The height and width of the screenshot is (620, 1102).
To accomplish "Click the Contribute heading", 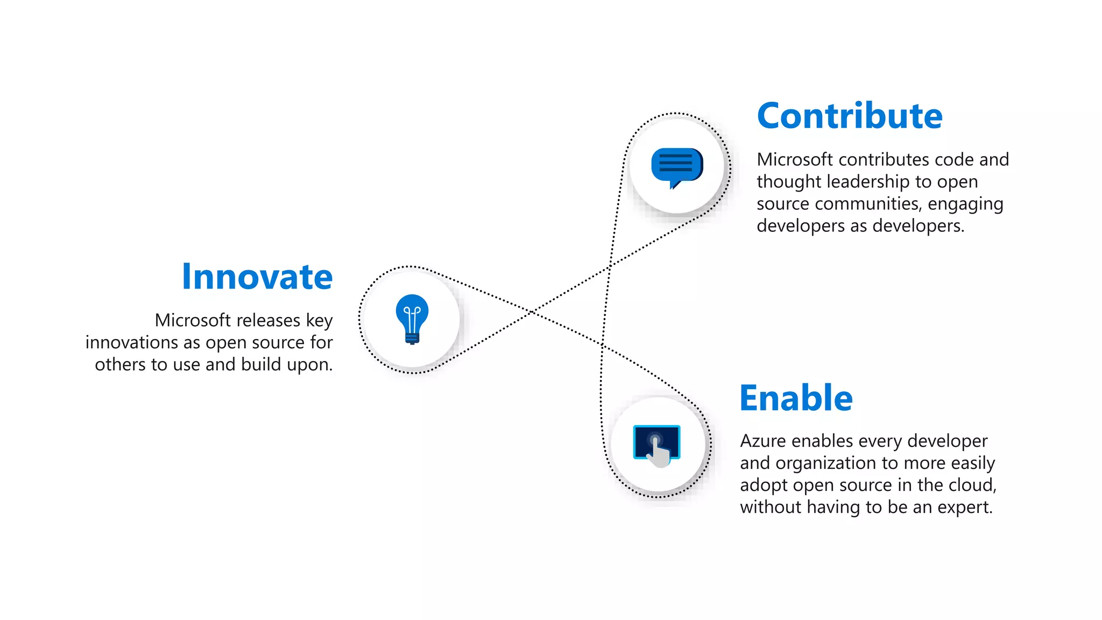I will click(x=850, y=116).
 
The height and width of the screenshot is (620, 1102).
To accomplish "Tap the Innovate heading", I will click(x=257, y=277).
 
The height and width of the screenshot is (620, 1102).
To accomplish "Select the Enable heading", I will click(x=796, y=398).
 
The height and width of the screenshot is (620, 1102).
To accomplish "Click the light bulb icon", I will click(x=412, y=318).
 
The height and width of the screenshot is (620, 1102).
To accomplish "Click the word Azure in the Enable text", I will click(x=763, y=441).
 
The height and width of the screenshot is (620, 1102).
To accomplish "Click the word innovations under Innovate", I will click(x=131, y=342).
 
